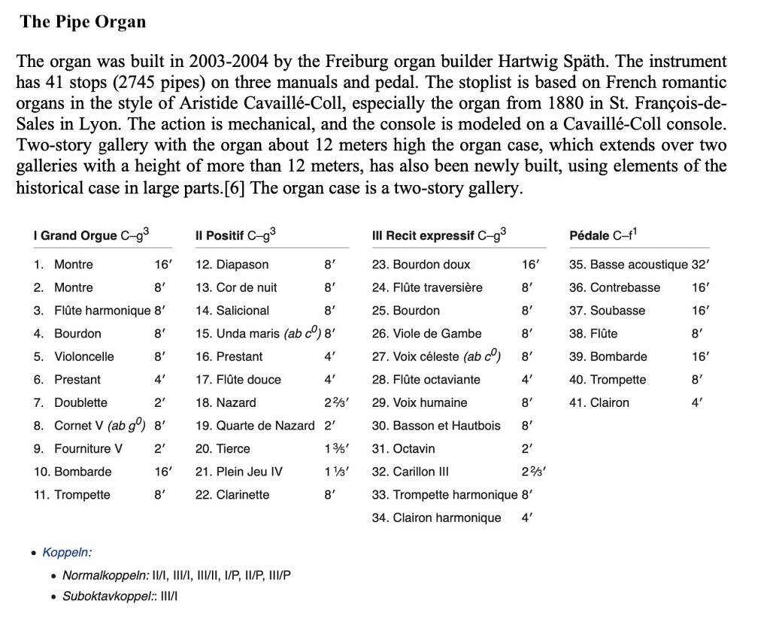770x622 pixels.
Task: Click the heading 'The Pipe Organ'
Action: (x=83, y=21)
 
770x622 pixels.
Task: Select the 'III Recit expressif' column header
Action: (x=424, y=235)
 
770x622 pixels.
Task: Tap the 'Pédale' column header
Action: (x=590, y=235)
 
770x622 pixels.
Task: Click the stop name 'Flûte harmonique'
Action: (x=102, y=311)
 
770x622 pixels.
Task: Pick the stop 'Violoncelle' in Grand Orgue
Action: (x=84, y=357)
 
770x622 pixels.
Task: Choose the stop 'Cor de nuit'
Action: (x=247, y=287)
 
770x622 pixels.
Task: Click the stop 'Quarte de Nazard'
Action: (x=265, y=426)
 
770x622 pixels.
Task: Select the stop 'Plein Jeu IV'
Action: (x=250, y=472)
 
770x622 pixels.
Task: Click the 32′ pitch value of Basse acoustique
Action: (x=701, y=265)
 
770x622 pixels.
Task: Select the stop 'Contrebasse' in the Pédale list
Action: (x=626, y=287)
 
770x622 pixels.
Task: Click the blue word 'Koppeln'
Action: (x=66, y=553)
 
